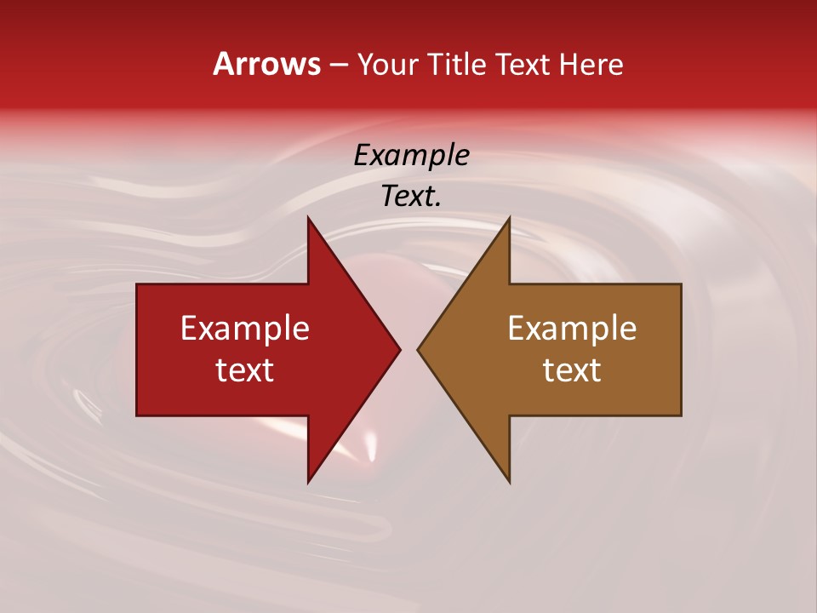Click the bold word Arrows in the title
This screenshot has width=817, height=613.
click(267, 64)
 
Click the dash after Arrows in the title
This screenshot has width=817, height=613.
click(339, 65)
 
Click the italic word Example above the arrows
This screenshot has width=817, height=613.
click(412, 155)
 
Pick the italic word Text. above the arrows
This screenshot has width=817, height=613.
click(412, 196)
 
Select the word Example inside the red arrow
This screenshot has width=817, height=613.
click(245, 328)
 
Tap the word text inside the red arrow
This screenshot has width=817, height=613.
click(245, 370)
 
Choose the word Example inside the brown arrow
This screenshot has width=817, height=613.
click(572, 328)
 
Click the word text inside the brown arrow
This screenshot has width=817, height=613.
click(572, 370)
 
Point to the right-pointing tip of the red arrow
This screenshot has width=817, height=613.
click(400, 349)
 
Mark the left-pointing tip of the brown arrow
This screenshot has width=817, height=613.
click(417, 349)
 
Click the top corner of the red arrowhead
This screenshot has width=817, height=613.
click(308, 217)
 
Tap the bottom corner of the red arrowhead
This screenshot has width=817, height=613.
click(308, 483)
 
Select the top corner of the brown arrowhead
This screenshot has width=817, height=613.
click(509, 217)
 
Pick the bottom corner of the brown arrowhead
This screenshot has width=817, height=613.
click(509, 483)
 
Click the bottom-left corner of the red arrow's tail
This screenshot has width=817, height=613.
click(137, 415)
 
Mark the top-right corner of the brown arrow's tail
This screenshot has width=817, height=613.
click(681, 284)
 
